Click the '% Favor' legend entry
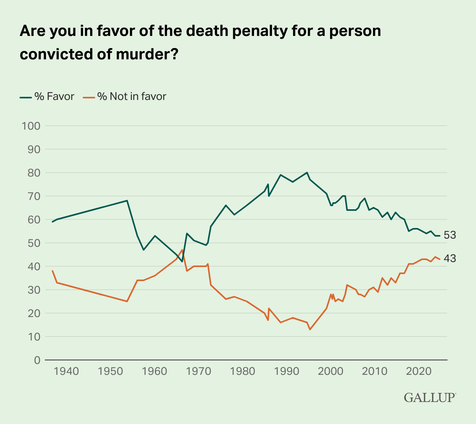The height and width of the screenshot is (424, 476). (x=47, y=96)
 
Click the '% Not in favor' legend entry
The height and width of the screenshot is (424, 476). (x=124, y=96)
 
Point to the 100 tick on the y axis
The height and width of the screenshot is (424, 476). (x=31, y=126)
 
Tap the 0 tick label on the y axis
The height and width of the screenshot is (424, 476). (x=37, y=360)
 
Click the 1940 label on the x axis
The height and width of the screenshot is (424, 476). (x=66, y=371)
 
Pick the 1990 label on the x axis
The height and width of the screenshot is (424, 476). (x=287, y=371)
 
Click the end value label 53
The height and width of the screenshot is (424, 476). (x=449, y=235)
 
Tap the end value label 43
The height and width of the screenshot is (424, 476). (x=449, y=259)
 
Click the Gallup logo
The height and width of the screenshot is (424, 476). (x=430, y=397)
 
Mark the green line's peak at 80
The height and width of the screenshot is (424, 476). (x=307, y=173)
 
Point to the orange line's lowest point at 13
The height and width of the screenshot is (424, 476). (x=310, y=330)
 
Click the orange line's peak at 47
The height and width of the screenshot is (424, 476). (x=182, y=250)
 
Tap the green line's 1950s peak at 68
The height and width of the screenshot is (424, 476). (x=127, y=201)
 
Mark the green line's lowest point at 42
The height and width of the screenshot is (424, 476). (x=182, y=262)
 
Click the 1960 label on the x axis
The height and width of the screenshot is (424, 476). (x=155, y=371)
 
